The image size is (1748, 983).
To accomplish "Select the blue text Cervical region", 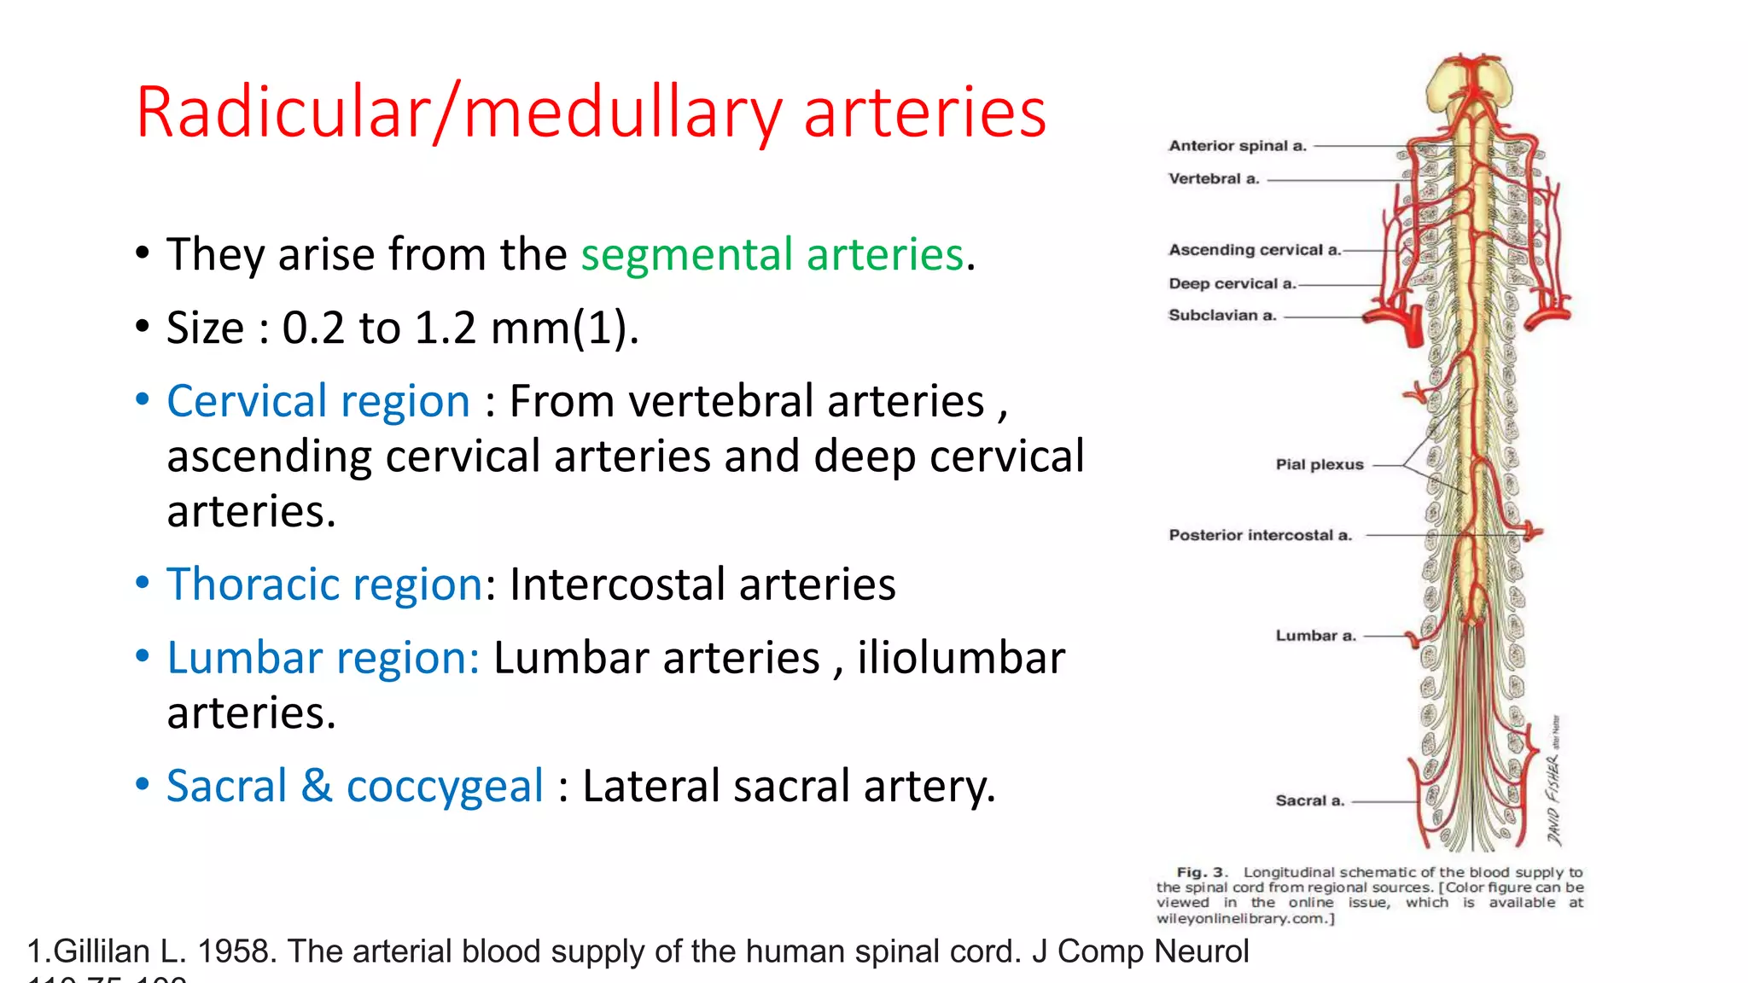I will tap(318, 401).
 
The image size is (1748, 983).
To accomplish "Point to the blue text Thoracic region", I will tap(325, 585).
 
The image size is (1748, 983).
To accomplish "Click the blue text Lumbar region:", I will tap(323, 658).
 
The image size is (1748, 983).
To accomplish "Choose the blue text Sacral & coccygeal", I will tap(354, 786).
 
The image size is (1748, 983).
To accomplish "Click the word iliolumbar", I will tap(961, 658).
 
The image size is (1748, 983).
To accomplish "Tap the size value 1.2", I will tap(445, 328).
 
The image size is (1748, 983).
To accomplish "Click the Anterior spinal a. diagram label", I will tap(1237, 146).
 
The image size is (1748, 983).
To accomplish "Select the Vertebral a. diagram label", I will tap(1213, 179).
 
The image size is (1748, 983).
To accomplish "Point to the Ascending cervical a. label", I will tap(1254, 250).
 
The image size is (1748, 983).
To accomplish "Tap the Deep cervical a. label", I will tap(1232, 283).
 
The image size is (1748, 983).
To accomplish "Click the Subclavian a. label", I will tap(1221, 316).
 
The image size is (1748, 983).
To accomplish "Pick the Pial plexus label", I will tap(1319, 465).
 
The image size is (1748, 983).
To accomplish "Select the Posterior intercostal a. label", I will tap(1260, 535).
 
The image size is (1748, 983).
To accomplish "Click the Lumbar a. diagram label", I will tap(1315, 636).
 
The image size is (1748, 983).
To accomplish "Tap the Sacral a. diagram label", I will tap(1309, 800).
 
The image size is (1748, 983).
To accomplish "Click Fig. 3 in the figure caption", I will tap(1201, 872).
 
